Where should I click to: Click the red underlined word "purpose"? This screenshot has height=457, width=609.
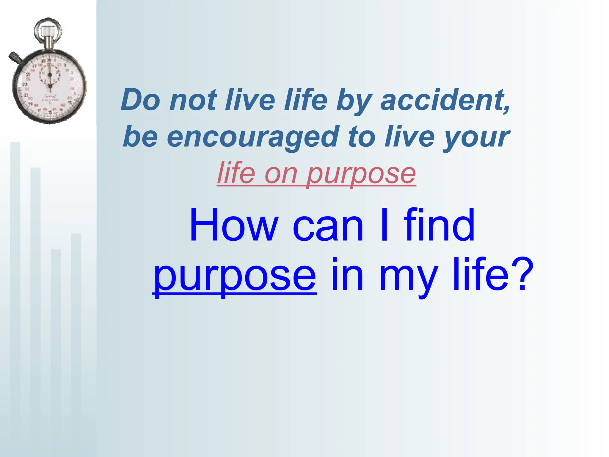click(361, 174)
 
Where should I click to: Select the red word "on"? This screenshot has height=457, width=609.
click(281, 174)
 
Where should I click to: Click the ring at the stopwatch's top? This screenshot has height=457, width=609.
click(48, 30)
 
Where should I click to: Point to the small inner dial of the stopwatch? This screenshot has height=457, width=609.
click(50, 74)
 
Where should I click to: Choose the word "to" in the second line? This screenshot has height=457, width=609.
click(362, 137)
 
